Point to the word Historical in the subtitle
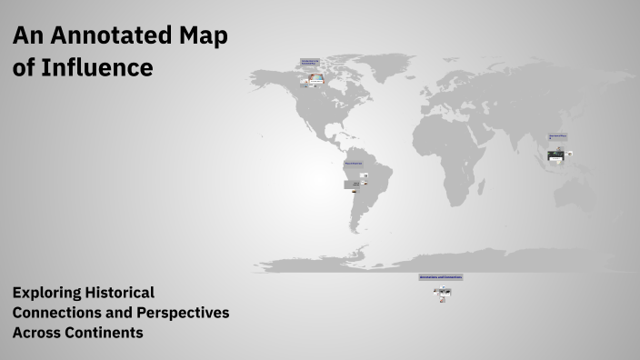point(120,293)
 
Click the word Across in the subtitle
point(35,333)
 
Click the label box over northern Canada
point(310,63)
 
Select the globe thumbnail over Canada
point(315,80)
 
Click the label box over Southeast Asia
point(557,136)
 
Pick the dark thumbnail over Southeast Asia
point(555,156)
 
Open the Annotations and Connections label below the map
point(441,276)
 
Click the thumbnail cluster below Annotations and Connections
point(442,293)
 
